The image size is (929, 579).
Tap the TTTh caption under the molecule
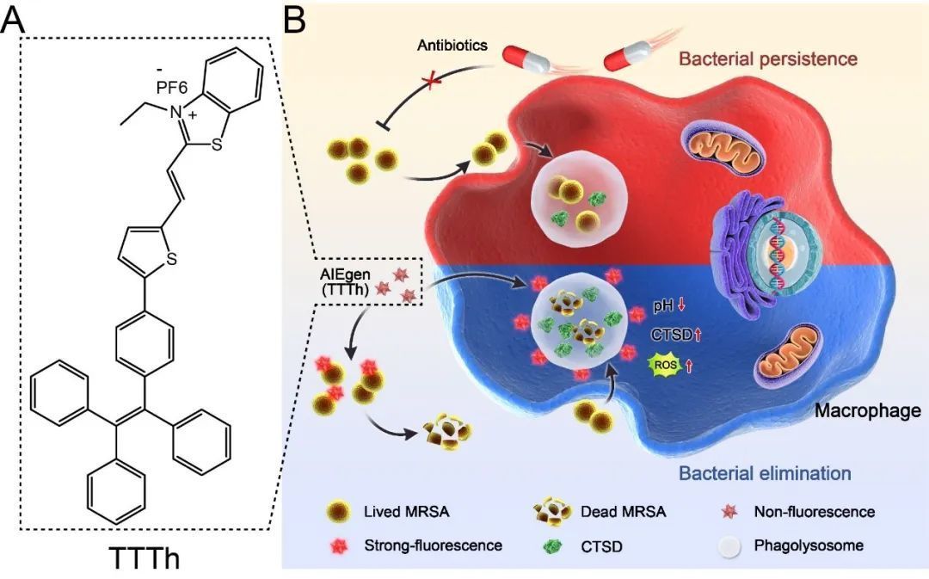tap(145, 557)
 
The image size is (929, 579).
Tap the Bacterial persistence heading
tap(768, 59)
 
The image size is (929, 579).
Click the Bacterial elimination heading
tap(765, 473)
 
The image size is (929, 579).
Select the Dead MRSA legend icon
tap(551, 513)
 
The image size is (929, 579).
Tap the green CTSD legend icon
tap(551, 545)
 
